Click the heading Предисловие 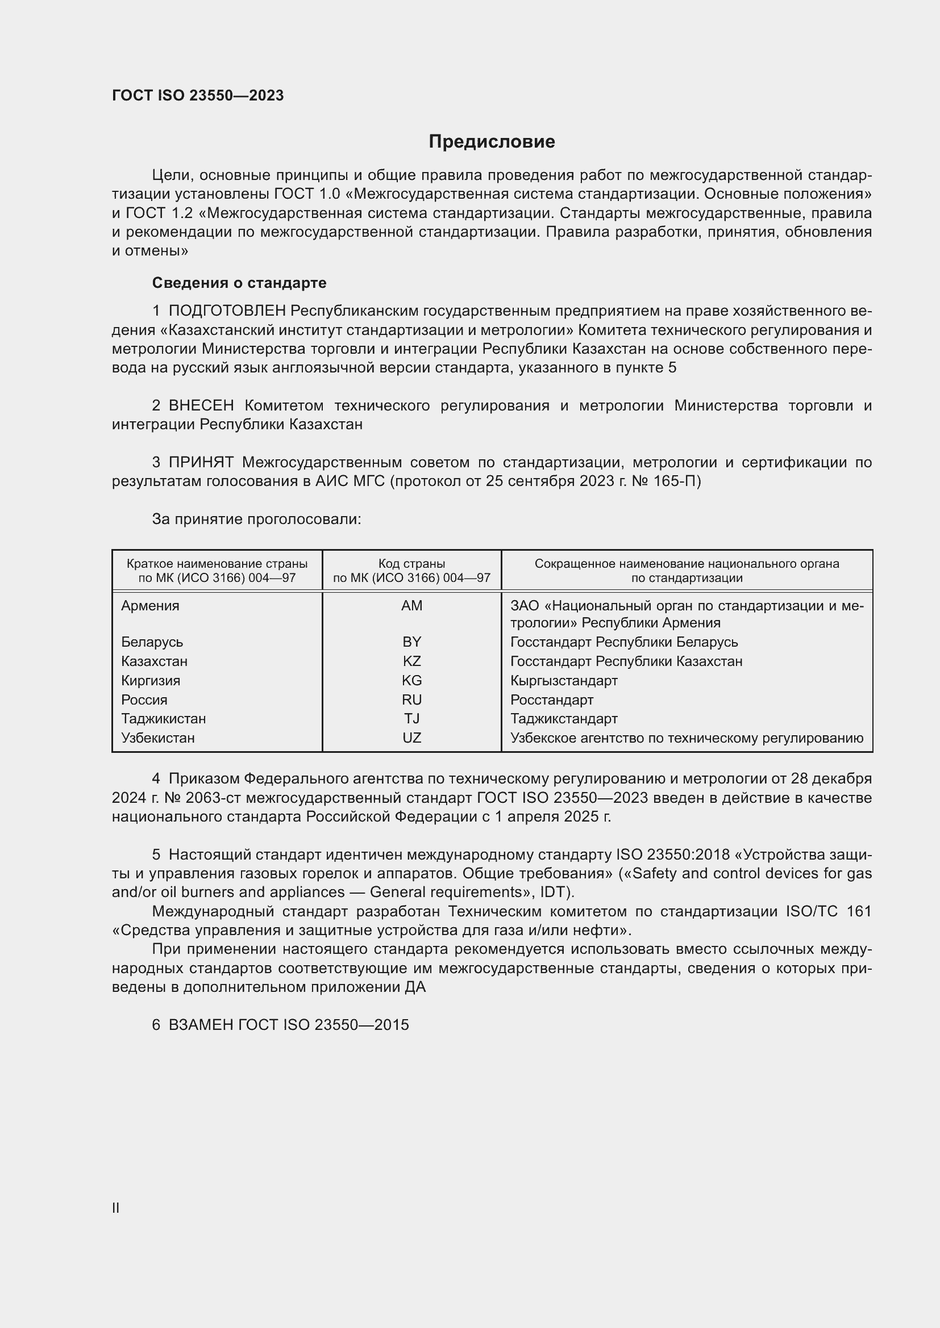tap(492, 142)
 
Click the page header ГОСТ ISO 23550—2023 tap(197, 95)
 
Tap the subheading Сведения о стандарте tap(239, 283)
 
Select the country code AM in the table tap(411, 606)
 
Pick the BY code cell tap(411, 642)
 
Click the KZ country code tap(411, 661)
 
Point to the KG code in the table tap(411, 680)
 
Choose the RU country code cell tap(411, 700)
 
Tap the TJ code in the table tap(411, 718)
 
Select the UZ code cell tap(411, 738)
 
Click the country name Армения tap(150, 606)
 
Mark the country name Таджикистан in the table tap(163, 718)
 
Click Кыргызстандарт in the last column tap(563, 680)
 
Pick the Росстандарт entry tap(551, 700)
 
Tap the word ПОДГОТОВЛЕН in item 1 tap(227, 311)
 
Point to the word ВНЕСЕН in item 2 tap(201, 405)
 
